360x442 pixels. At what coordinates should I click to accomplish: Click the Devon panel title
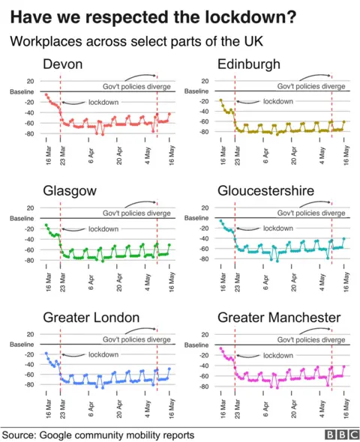coord(63,64)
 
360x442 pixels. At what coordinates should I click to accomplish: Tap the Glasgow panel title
coord(70,191)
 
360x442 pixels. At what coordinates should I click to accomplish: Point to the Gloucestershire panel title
coord(275,191)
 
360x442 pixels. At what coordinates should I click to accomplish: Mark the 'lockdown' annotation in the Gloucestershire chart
coord(277,228)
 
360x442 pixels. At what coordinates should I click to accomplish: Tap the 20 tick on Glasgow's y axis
coord(29,208)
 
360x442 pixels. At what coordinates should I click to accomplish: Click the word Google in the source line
coord(61,435)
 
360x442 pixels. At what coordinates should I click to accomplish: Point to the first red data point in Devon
coord(46,94)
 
